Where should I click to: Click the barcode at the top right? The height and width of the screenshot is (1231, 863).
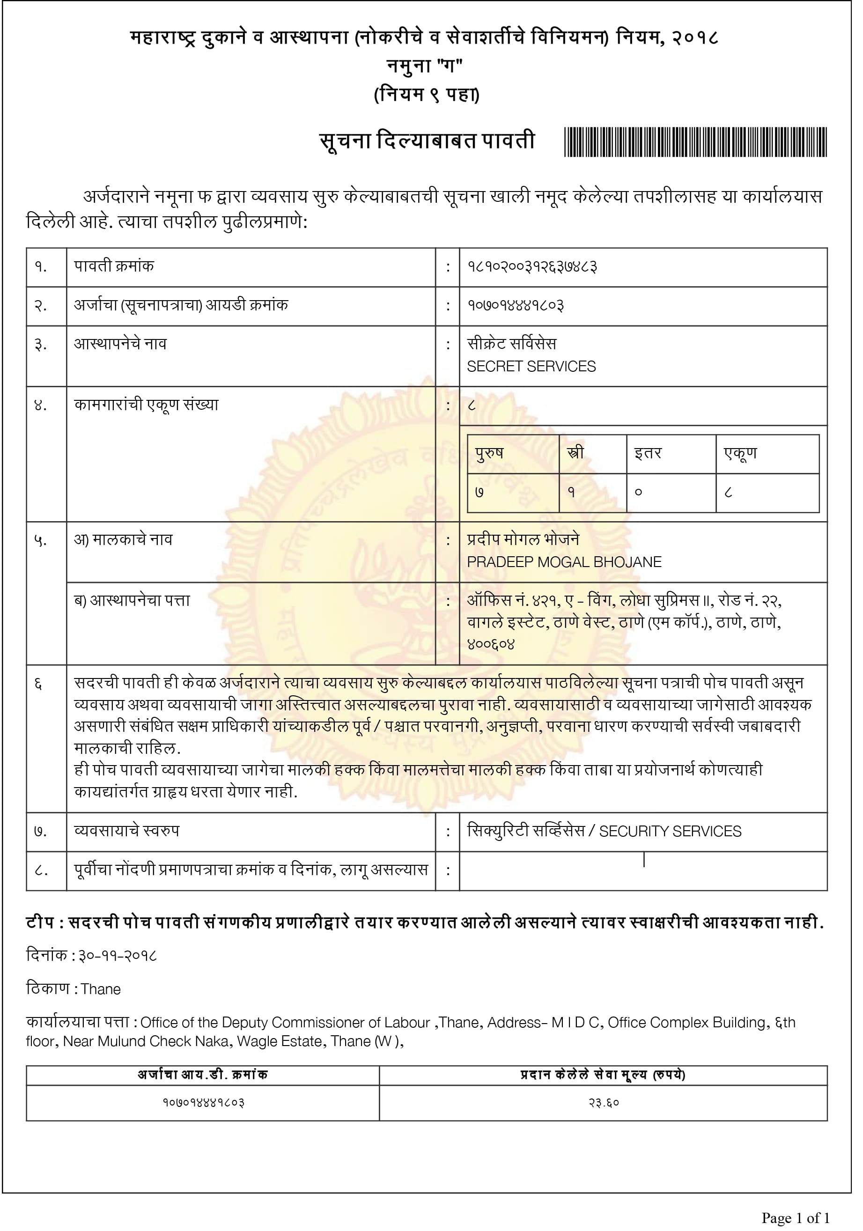[695, 142]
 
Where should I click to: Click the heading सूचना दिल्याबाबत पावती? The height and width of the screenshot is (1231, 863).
[427, 141]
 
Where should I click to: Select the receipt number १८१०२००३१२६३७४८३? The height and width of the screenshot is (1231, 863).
[532, 266]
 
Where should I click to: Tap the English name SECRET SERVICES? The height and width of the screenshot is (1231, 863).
[531, 366]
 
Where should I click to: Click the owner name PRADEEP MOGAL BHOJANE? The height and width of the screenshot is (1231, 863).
[564, 562]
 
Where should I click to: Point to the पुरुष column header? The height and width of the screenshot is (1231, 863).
[489, 454]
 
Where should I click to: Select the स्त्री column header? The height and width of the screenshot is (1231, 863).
[575, 454]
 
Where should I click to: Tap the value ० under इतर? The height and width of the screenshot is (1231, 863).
[638, 492]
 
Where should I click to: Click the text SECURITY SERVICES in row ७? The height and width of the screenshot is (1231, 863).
[670, 832]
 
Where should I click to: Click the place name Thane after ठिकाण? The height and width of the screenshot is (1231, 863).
[101, 989]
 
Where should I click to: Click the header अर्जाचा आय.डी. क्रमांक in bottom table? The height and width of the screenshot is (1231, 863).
[203, 1075]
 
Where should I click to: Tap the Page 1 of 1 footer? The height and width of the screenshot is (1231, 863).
[796, 1218]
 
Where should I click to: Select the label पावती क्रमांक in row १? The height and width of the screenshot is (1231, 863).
[114, 266]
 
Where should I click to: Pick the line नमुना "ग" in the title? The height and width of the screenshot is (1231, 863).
[425, 66]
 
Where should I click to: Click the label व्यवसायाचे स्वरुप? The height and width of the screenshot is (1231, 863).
[126, 831]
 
